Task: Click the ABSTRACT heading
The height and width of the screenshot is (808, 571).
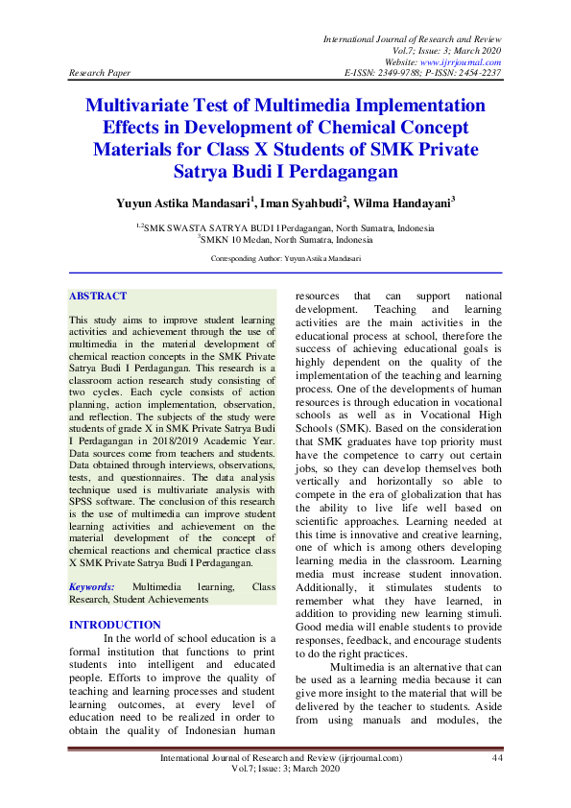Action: [98, 297]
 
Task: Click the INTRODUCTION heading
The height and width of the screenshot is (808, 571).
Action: [115, 625]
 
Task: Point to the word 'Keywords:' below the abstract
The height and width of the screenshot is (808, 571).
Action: [93, 585]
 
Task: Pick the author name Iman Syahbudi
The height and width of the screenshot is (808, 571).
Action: [301, 203]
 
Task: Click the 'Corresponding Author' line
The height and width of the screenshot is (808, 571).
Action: [285, 259]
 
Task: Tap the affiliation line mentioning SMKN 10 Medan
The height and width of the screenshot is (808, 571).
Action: [285, 239]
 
